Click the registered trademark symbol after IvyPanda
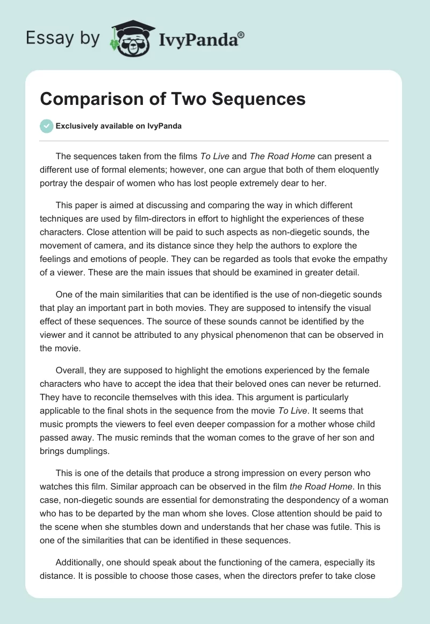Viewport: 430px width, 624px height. [x=241, y=35]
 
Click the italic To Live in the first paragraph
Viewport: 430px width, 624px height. [x=214, y=157]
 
